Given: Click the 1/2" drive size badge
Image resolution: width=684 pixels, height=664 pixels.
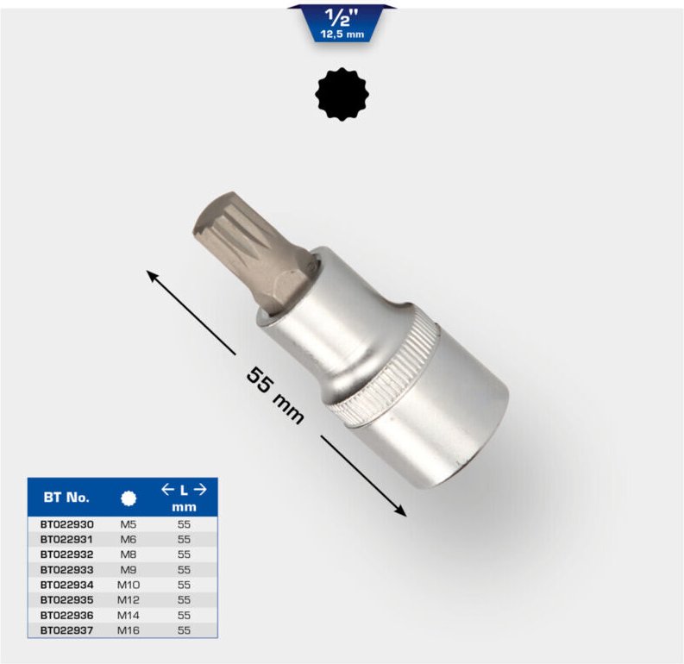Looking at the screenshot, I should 342,22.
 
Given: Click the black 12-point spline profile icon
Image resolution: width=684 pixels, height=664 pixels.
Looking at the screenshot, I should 342,95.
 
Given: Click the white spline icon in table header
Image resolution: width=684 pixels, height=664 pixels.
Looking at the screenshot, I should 129,498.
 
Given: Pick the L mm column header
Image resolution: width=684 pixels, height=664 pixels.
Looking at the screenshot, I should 185,498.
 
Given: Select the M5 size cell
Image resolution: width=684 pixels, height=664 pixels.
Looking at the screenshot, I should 129,523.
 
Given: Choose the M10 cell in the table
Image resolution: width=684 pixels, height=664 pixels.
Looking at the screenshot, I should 129,585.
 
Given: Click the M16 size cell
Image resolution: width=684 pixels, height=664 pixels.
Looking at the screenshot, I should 129,630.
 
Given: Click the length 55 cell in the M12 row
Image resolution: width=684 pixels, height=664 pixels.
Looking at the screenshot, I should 185,599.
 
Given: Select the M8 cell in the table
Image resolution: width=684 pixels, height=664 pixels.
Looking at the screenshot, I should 129,554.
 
